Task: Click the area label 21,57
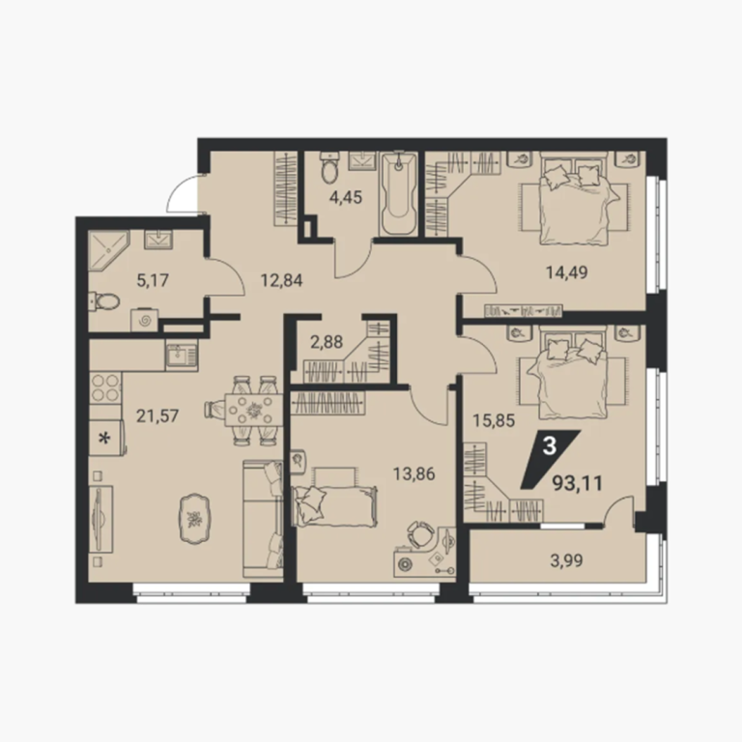[x=157, y=416]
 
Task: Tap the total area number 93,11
[x=578, y=484]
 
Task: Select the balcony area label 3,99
[x=566, y=560]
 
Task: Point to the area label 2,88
[x=327, y=342]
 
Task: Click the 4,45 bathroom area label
[x=346, y=196]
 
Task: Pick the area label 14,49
[x=567, y=272]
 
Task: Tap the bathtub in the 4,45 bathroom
[x=398, y=193]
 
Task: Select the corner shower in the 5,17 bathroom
[x=108, y=250]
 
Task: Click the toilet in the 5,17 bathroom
[x=104, y=301]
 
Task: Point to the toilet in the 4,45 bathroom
[x=329, y=167]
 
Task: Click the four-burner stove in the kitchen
[x=105, y=387]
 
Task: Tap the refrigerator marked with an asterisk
[x=106, y=438]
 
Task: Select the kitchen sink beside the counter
[x=182, y=355]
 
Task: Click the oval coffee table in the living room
[x=194, y=519]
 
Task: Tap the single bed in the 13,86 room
[x=335, y=505]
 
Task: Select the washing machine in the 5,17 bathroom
[x=144, y=321]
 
